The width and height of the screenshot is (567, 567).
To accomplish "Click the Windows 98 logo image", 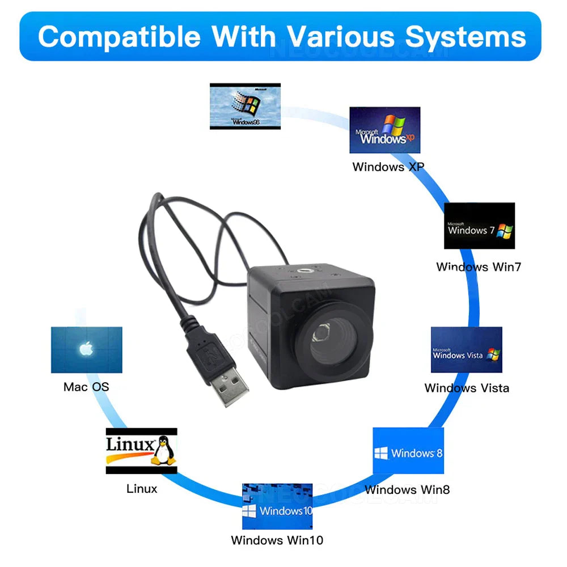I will tap(245, 106).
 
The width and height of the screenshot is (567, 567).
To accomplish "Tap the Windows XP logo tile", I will tap(384, 130).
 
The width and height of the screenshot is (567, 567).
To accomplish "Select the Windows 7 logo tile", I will tap(479, 226).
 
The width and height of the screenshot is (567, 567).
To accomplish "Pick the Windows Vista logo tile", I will tap(466, 350).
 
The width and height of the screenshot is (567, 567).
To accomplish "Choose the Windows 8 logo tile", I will tap(408, 451).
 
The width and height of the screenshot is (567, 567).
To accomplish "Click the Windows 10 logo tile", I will tap(277, 506).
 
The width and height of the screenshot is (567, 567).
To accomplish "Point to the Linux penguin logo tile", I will tap(141, 451).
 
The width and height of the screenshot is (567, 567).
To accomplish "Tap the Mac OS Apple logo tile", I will tap(86, 350).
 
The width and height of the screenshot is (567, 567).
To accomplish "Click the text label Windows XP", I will tap(388, 167).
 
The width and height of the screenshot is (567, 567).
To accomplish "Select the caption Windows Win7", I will tap(479, 266).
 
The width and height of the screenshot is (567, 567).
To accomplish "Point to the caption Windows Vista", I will tap(467, 388).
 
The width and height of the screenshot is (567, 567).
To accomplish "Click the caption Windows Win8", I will tap(407, 489).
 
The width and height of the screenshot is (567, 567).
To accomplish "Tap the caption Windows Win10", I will tap(277, 540).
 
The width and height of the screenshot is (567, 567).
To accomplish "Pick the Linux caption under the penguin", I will tap(142, 488).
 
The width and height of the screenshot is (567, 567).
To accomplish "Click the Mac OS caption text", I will tap(86, 387).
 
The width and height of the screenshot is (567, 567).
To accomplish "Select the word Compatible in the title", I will tap(119, 36).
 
